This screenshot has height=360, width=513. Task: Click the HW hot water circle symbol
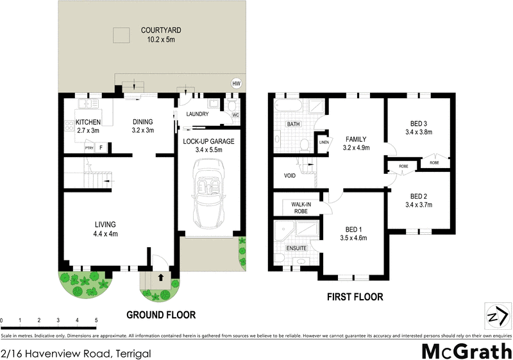pyautogui.click(x=236, y=83)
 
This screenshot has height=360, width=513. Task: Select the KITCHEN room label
pyautogui.click(x=88, y=122)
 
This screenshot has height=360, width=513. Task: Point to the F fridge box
pyautogui.click(x=101, y=148)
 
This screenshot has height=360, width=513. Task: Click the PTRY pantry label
pyautogui.click(x=88, y=148)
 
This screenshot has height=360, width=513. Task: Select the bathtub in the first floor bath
pyautogui.click(x=288, y=105)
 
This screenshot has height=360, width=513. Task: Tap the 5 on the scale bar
pyautogui.click(x=96, y=320)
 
